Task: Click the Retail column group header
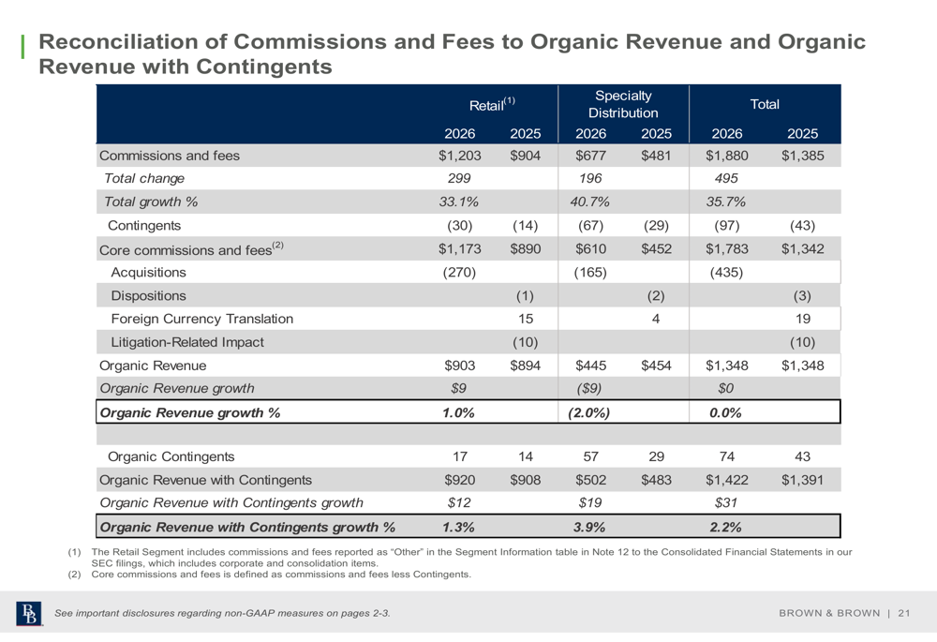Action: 492,104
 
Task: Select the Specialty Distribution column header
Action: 623,104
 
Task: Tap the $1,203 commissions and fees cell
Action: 459,156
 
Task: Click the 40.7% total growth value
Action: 589,202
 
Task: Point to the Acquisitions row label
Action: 148,273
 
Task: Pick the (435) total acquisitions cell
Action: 726,273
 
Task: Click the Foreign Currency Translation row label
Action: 202,319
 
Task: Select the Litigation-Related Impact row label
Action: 187,342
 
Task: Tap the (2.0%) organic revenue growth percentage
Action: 589,413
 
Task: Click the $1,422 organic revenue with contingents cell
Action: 727,480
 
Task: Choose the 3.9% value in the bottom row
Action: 589,528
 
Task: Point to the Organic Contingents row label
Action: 171,456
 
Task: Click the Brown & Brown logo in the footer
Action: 29,613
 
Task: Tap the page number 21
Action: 903,613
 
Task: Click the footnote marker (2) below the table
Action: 74,575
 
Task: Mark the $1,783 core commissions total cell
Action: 727,248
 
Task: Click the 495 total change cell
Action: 726,179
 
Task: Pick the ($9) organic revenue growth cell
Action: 589,389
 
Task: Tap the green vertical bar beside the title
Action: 22,47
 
